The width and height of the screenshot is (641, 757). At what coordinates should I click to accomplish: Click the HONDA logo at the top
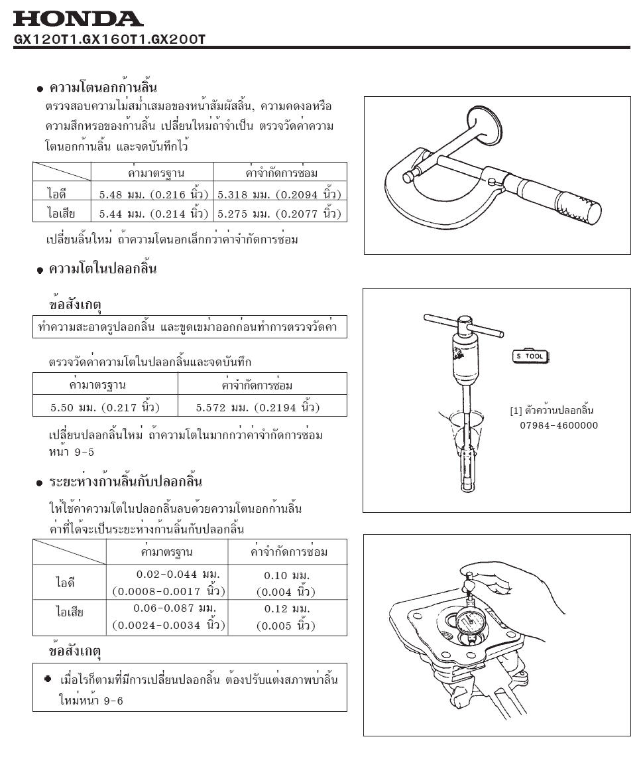point(78,18)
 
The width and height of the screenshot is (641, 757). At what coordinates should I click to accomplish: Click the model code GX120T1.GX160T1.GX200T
point(110,40)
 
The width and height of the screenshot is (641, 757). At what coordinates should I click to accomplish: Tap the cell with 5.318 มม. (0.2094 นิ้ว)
point(279,194)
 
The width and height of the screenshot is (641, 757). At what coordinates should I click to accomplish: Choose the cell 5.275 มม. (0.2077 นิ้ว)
point(279,214)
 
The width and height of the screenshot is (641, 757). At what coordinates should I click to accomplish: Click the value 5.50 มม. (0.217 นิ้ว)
point(105,406)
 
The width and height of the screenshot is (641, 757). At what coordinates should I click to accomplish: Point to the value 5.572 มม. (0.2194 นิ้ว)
point(262,406)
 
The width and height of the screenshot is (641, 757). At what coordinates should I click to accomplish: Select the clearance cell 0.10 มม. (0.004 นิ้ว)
point(286,583)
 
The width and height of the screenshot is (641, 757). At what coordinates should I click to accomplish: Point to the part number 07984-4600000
point(558,425)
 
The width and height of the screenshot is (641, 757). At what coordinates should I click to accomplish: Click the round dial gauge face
point(472,624)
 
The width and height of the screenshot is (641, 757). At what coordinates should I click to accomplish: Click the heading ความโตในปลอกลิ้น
point(103,269)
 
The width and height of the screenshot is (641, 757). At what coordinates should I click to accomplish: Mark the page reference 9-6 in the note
point(113,701)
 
